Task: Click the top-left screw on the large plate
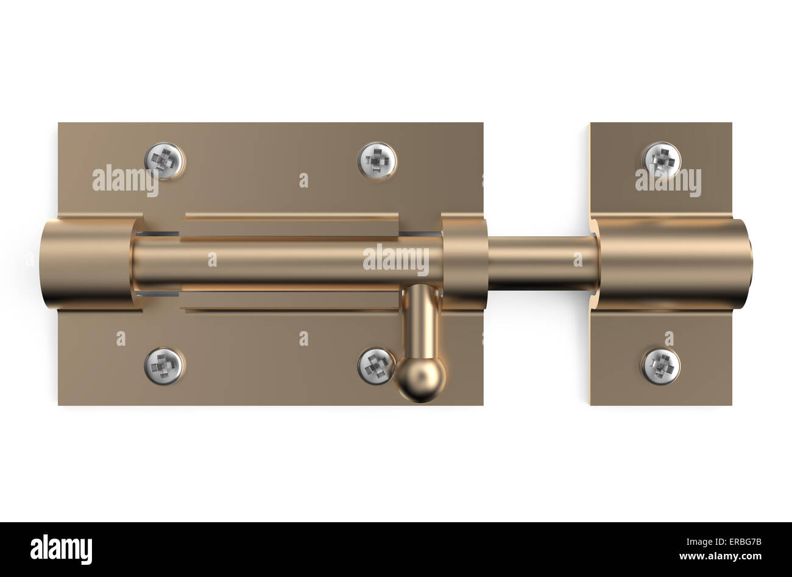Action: (x=164, y=161)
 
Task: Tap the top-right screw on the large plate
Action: (x=377, y=161)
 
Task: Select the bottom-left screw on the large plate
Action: (x=164, y=366)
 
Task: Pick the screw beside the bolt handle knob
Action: (x=375, y=366)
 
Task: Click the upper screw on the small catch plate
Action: (x=662, y=161)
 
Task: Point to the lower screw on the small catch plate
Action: (x=661, y=366)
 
